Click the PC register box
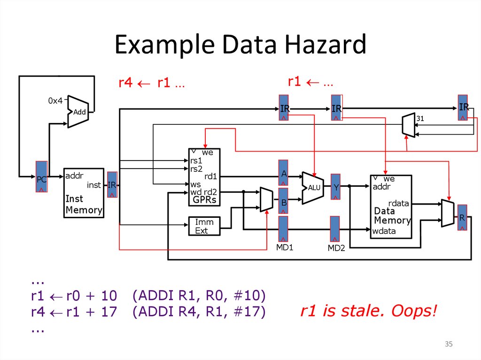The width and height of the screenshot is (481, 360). pyautogui.click(x=42, y=176)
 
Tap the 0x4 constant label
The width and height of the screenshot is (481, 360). pyautogui.click(x=55, y=101)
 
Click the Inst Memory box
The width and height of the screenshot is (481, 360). pyautogui.click(x=84, y=193)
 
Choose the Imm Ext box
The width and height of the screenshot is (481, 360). pyautogui.click(x=204, y=226)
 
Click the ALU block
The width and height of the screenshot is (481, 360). pyautogui.click(x=312, y=188)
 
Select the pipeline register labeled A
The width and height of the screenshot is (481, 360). pyautogui.click(x=284, y=174)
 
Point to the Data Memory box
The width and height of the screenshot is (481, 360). pyautogui.click(x=391, y=207)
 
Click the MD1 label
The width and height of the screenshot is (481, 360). pyautogui.click(x=284, y=247)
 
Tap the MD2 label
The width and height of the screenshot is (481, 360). pyautogui.click(x=336, y=248)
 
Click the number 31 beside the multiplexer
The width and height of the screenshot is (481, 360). pyautogui.click(x=420, y=119)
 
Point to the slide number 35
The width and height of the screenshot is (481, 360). pyautogui.click(x=449, y=345)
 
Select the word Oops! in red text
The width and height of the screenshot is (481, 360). pyautogui.click(x=415, y=311)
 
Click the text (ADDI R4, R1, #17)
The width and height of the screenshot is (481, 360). pyautogui.click(x=199, y=311)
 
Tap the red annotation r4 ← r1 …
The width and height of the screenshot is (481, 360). pyautogui.click(x=151, y=84)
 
